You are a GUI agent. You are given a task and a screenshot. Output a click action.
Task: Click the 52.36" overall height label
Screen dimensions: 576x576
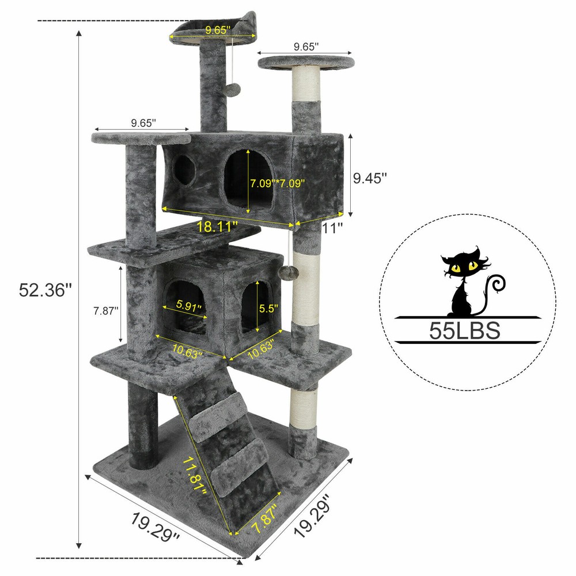click(x=45, y=289)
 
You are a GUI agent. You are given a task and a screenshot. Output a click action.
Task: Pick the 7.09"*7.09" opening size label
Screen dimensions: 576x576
click(x=277, y=183)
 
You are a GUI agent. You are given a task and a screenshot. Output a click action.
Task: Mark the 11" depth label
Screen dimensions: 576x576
click(x=332, y=227)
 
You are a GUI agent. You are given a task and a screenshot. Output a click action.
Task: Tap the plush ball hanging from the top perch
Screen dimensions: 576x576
click(x=233, y=90)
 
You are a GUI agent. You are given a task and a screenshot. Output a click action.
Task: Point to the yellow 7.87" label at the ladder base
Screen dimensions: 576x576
click(x=266, y=518)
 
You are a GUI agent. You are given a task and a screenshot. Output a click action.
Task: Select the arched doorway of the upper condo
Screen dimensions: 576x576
click(x=248, y=179)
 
